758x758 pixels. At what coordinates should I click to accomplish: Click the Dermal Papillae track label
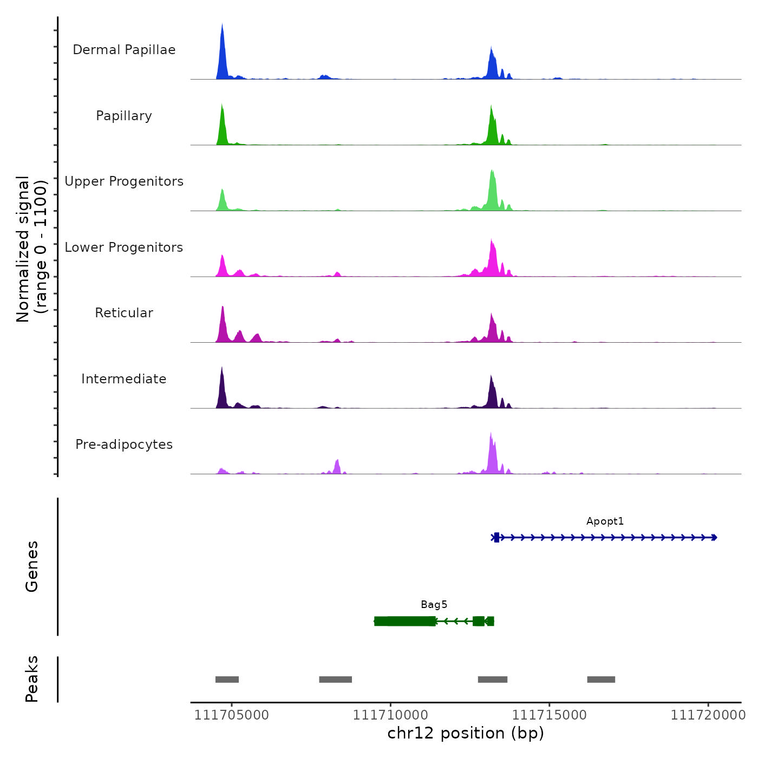click(x=124, y=50)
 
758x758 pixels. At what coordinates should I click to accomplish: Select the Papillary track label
click(x=124, y=116)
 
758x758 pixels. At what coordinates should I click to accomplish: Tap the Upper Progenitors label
click(x=124, y=181)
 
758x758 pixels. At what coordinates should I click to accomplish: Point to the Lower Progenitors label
click(x=124, y=247)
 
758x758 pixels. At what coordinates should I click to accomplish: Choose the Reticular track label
click(x=124, y=313)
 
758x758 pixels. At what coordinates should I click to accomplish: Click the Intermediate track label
click(x=124, y=379)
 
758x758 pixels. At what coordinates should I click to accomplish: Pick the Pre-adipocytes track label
click(x=124, y=445)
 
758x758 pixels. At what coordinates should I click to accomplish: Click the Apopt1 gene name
click(x=605, y=521)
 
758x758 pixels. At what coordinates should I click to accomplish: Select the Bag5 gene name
click(x=434, y=605)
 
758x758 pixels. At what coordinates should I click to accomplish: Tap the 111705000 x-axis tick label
click(x=231, y=715)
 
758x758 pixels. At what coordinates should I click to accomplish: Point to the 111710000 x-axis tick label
click(x=390, y=715)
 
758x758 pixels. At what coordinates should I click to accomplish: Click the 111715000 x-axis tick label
click(x=549, y=715)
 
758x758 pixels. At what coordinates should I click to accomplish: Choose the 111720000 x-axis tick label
click(x=708, y=715)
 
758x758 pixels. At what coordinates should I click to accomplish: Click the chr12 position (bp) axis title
click(x=466, y=733)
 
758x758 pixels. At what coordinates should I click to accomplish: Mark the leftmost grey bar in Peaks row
click(x=227, y=679)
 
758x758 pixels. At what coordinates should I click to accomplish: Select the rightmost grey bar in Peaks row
click(x=601, y=679)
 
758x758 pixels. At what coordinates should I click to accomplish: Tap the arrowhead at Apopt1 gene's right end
click(x=715, y=538)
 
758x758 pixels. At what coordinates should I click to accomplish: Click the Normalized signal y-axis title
click(x=31, y=249)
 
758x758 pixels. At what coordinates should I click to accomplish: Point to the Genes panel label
click(x=31, y=566)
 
